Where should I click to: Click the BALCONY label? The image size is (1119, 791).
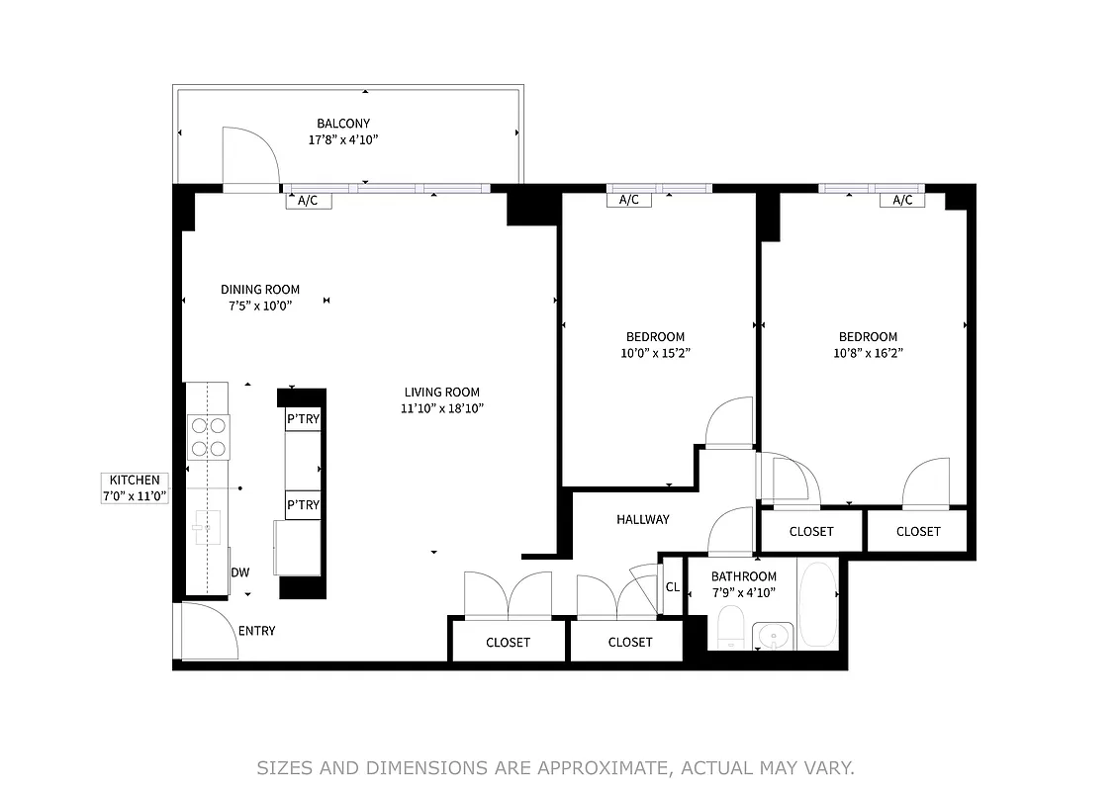point(343,124)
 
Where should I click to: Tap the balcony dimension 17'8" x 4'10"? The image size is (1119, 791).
point(343,140)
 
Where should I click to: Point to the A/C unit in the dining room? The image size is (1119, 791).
point(308,201)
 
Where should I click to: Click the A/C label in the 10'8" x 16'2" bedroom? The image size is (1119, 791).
point(902,201)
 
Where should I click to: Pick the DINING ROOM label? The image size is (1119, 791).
point(259,290)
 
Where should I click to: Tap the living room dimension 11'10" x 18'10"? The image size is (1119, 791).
point(441,408)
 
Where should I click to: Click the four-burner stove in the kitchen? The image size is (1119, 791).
point(208,437)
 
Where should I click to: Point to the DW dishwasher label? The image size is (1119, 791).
point(239,572)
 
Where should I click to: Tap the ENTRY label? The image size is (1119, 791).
point(256,631)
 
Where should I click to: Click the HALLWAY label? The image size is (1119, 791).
point(643,519)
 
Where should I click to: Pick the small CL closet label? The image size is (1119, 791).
point(673,586)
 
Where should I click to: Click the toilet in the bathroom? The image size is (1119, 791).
point(730,628)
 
